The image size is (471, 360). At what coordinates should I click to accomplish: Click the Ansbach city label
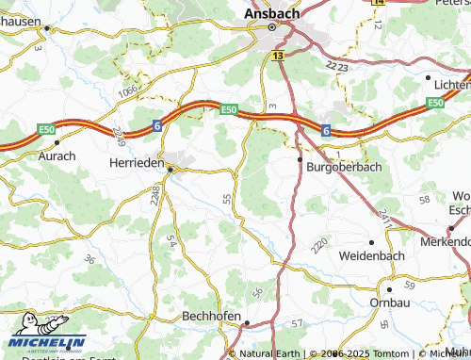coord(273,13)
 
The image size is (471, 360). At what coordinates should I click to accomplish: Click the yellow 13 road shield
coord(277,57)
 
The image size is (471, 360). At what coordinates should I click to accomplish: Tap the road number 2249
coord(118,137)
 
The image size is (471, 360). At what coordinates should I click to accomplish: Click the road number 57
coord(298,323)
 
